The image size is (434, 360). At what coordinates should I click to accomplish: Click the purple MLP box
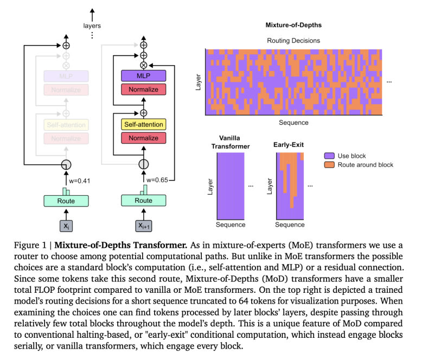coord(143,76)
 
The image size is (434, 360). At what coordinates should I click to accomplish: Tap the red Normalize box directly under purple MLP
coord(143,89)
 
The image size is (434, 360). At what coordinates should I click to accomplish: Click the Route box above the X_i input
coord(66,201)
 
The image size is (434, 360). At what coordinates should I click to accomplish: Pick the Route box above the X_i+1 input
coord(143,201)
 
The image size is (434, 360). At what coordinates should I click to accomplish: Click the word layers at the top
coord(92,25)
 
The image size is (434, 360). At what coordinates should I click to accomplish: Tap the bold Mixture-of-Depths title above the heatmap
coord(293,25)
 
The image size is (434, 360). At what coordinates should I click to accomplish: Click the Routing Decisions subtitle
coord(293,41)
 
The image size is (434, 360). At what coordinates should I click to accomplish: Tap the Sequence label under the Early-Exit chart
coord(290,224)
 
